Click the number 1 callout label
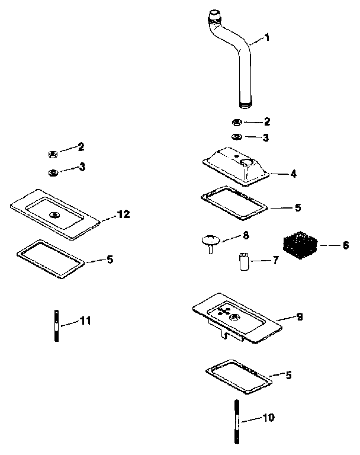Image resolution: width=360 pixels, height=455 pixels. pos(266,38)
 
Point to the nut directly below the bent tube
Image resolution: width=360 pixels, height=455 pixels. pos(236,123)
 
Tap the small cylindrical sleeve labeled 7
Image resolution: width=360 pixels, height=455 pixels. pos(243,262)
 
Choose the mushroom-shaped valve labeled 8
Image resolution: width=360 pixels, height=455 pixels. pos(210,242)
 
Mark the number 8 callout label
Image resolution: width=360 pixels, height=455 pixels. pos(246,235)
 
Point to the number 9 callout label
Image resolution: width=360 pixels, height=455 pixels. pos(299,317)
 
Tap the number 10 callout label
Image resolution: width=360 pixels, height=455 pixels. pos(268,418)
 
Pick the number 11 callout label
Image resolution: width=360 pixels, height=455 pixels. pos(85,321)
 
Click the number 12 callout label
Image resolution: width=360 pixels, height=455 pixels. pos(123,214)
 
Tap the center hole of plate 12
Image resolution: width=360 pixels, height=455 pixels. pos(54,214)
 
